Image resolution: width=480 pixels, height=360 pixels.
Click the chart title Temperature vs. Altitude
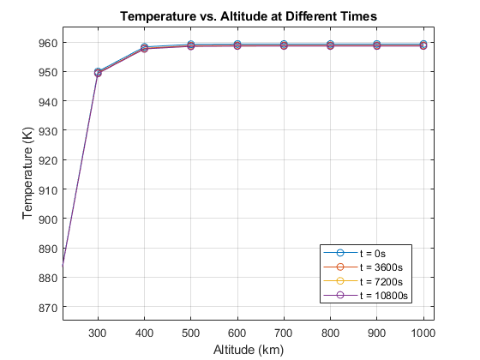click(x=248, y=16)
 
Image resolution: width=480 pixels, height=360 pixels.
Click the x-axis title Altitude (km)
click(x=248, y=350)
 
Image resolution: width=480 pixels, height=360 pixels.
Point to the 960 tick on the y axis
click(x=47, y=43)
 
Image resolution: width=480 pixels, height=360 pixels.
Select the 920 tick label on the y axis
click(x=47, y=160)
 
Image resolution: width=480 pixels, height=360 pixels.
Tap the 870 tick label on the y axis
click(x=47, y=307)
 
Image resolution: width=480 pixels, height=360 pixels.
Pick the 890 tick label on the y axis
click(x=47, y=249)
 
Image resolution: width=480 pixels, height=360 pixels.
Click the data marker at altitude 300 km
click(x=98, y=73)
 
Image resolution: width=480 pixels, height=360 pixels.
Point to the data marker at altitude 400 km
click(x=145, y=48)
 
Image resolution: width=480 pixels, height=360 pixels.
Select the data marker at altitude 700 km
click(x=284, y=45)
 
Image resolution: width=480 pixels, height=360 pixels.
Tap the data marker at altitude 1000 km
click(x=423, y=45)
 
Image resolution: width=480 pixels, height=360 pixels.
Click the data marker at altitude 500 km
click(x=191, y=45)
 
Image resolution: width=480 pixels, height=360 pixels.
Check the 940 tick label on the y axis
click(x=47, y=101)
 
